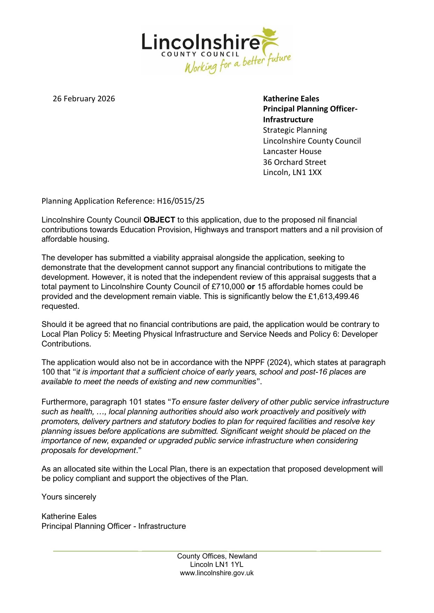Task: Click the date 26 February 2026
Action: click(x=84, y=99)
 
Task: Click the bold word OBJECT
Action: click(x=159, y=220)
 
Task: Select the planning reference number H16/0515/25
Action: click(x=180, y=201)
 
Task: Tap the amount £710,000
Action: click(x=228, y=287)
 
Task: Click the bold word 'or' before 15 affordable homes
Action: click(x=251, y=287)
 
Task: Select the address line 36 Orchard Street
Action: click(x=294, y=162)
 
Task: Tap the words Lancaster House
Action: click(x=292, y=152)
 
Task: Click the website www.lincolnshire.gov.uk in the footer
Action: click(x=216, y=573)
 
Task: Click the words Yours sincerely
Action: click(x=69, y=497)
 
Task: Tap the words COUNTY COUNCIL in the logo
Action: click(x=200, y=54)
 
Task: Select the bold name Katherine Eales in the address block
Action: click(x=291, y=99)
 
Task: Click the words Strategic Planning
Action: click(x=295, y=130)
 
